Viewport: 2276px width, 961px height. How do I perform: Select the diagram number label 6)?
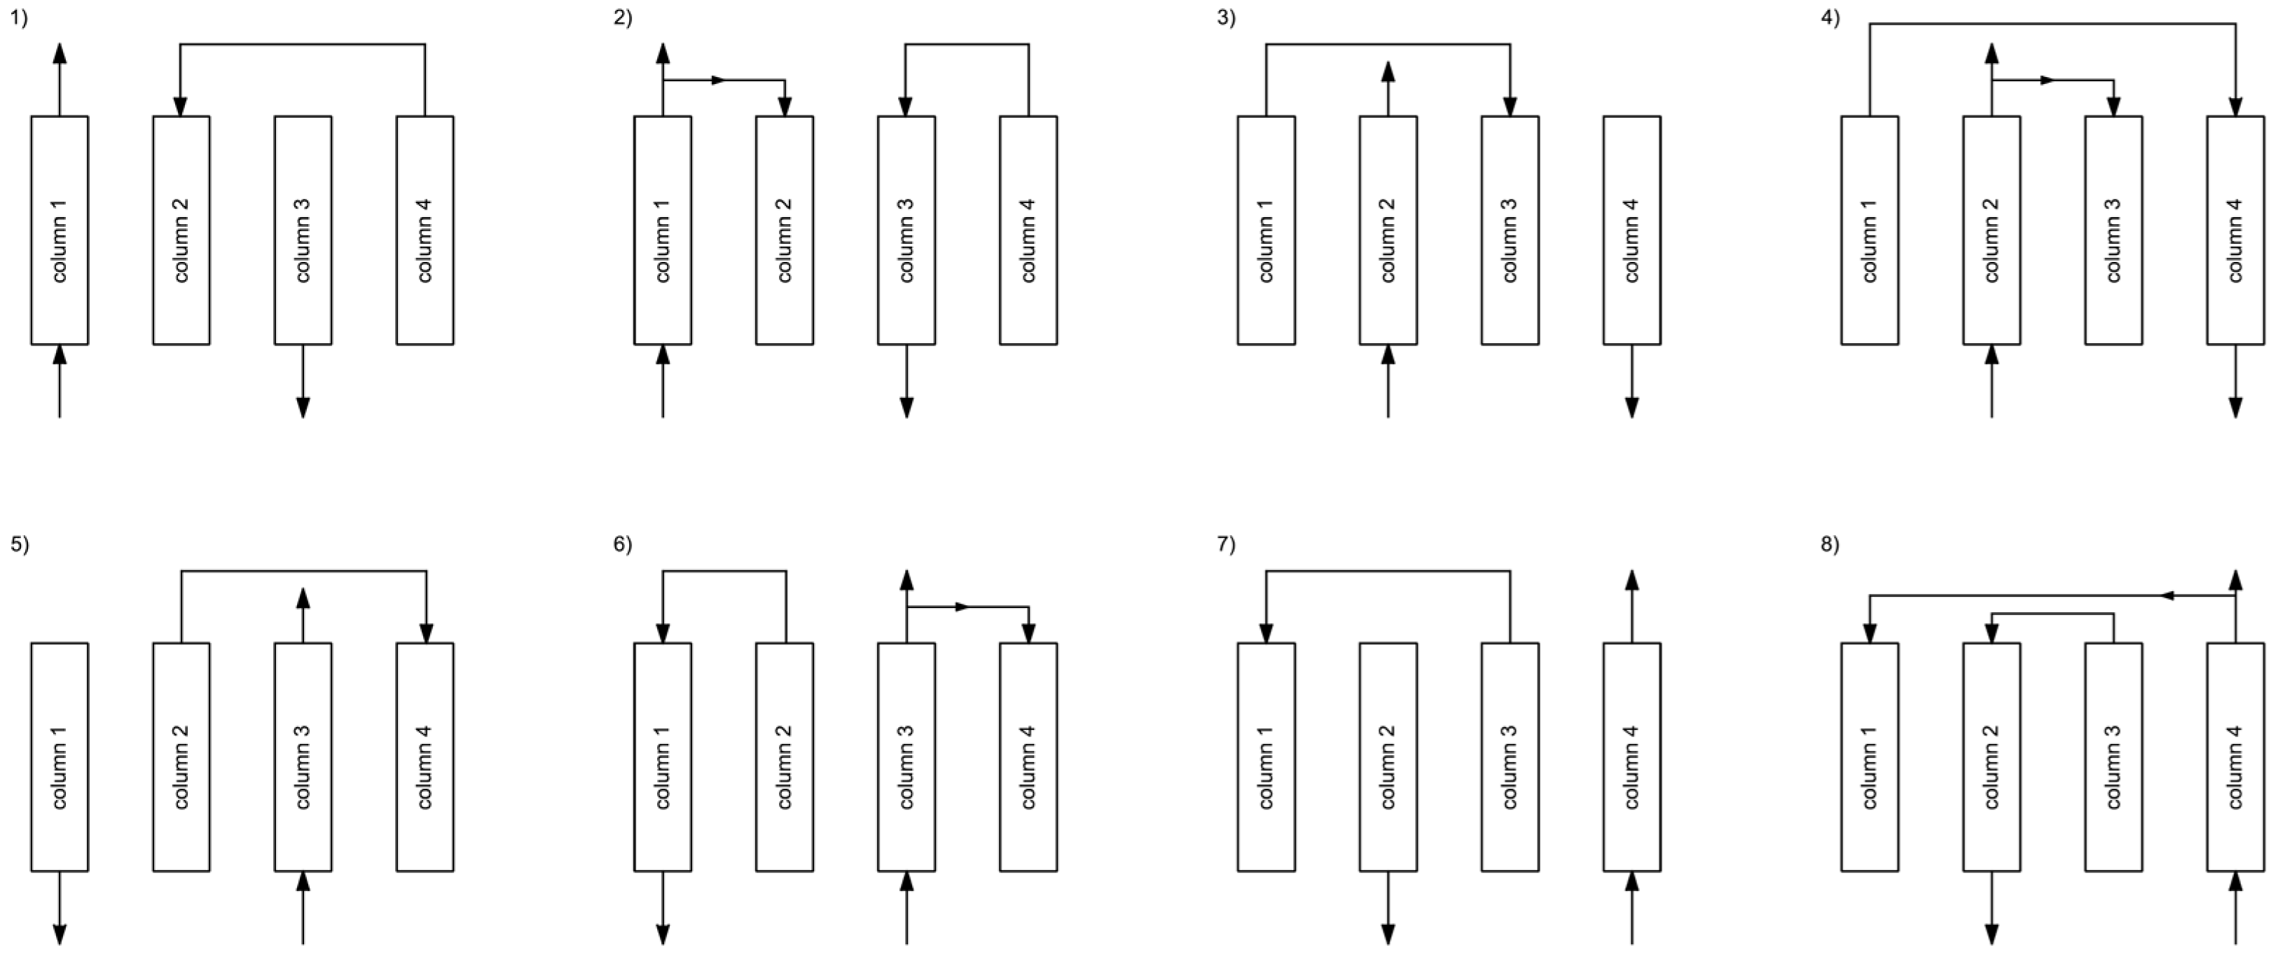click(x=622, y=545)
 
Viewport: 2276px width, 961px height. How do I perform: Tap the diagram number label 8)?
click(x=1829, y=545)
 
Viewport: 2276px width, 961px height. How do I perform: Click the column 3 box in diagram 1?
click(x=303, y=230)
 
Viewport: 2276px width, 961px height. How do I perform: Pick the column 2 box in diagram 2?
click(x=785, y=230)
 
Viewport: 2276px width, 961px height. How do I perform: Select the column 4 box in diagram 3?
click(x=1632, y=230)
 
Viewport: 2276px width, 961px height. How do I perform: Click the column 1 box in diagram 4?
click(x=1870, y=230)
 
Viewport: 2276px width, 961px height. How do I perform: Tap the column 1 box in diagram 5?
click(x=60, y=757)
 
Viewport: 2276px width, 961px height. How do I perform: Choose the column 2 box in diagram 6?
click(x=785, y=757)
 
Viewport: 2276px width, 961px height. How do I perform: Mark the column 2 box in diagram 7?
click(x=1388, y=757)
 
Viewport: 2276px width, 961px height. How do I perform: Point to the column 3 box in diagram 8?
click(x=2113, y=757)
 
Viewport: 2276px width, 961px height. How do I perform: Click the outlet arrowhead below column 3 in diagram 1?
click(x=303, y=407)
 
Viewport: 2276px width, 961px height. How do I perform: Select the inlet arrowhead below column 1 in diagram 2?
click(x=663, y=355)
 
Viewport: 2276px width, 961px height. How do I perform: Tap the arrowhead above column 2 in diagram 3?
click(x=1388, y=71)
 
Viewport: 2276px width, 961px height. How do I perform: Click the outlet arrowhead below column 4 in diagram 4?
click(x=2235, y=407)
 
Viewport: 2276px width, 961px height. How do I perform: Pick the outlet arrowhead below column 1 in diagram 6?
click(x=663, y=934)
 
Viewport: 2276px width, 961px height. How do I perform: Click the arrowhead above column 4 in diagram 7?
click(x=1632, y=580)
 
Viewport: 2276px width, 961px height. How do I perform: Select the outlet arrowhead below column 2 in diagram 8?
click(x=1992, y=934)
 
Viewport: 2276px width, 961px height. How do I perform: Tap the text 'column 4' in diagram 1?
click(x=425, y=240)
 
